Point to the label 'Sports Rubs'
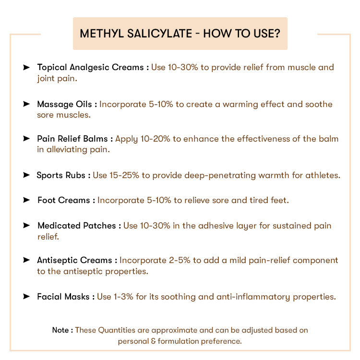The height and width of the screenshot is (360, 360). pyautogui.click(x=61, y=175)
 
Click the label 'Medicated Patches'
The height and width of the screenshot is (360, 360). pyautogui.click(x=76, y=226)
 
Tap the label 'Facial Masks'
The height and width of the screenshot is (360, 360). pyautogui.click(x=63, y=297)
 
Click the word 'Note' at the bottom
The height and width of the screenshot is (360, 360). pyautogui.click(x=60, y=330)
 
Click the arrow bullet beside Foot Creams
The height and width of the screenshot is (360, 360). pyautogui.click(x=26, y=200)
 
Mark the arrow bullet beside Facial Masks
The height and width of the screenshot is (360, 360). pyautogui.click(x=26, y=297)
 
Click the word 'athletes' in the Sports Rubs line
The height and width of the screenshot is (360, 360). pyautogui.click(x=323, y=175)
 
